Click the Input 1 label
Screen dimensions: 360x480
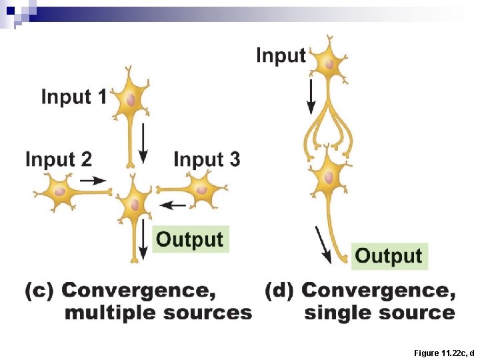tap(73, 97)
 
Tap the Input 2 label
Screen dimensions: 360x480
tap(58, 159)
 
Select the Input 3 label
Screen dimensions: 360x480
tap(207, 159)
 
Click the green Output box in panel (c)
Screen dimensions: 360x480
tap(190, 239)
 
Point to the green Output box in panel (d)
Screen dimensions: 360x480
tap(389, 255)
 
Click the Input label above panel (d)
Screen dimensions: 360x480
tap(281, 55)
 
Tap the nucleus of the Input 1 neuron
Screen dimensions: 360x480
tap(131, 100)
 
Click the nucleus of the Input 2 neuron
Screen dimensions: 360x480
tap(60, 192)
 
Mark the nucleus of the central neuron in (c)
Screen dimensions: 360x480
tap(137, 203)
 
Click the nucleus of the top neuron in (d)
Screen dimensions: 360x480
tap(329, 64)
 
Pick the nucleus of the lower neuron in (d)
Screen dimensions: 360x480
tap(328, 178)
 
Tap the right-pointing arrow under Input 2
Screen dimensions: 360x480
tap(93, 180)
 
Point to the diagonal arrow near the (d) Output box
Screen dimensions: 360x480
tap(323, 245)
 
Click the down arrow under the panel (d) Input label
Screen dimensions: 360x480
tap(311, 96)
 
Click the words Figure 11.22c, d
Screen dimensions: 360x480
tap(443, 352)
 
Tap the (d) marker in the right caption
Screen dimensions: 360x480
tap(280, 291)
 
